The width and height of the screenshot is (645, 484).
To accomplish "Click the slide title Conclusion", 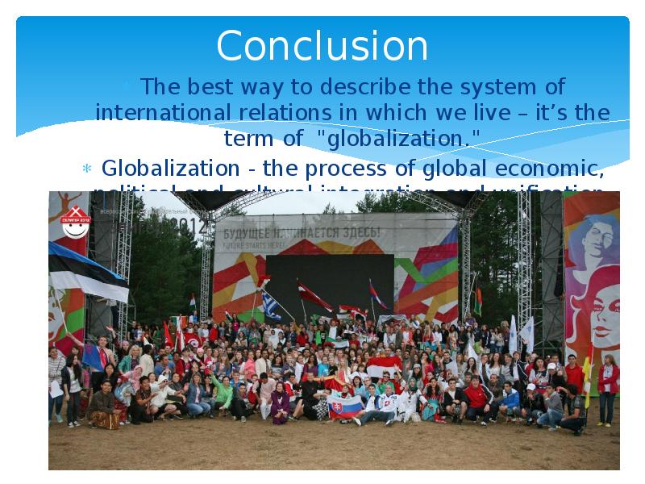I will point(322,46).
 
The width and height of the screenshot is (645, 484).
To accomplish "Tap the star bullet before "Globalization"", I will point(88,169).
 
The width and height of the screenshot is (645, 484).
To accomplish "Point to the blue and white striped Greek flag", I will point(271,306).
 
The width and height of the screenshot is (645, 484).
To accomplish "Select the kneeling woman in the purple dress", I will point(279,402).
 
